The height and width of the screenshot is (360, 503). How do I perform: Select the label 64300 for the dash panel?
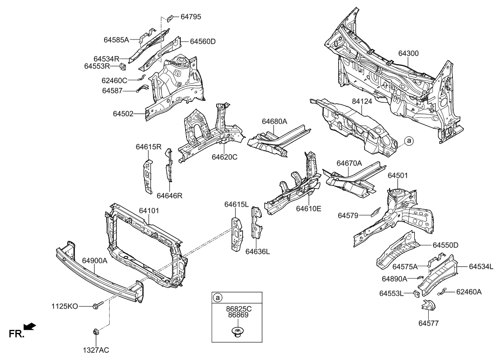point(408,53)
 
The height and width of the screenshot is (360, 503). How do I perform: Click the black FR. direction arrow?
point(30,326)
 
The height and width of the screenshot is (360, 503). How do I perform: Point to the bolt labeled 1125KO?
point(96,306)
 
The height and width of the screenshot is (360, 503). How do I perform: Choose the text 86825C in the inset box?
point(237,309)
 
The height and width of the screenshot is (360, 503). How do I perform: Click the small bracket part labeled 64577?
point(427,305)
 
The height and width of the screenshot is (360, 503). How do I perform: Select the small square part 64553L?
point(416,293)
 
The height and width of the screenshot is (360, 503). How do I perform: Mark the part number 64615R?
point(148,147)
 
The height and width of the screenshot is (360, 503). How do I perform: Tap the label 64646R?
point(169,196)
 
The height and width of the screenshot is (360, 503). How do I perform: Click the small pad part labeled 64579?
point(375,212)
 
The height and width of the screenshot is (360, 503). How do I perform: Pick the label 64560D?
point(203,41)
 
